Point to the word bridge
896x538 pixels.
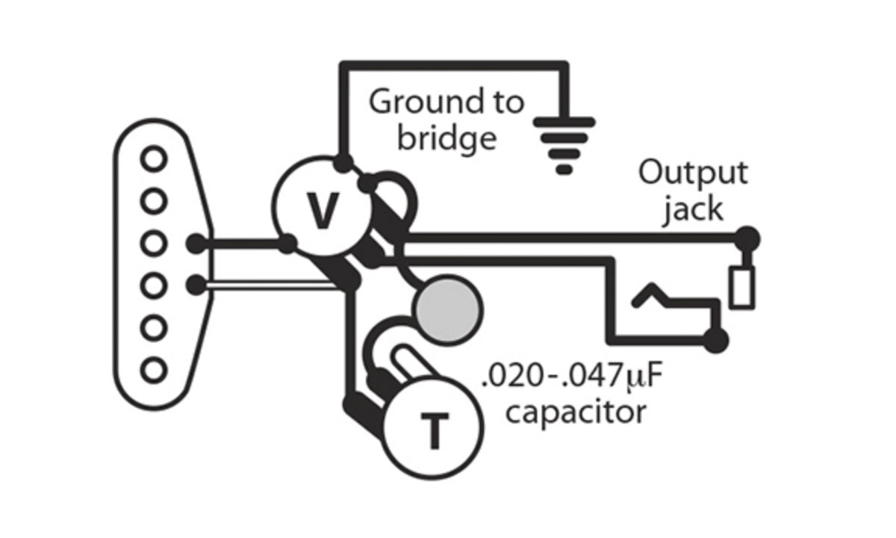(x=446, y=137)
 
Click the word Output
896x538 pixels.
(x=692, y=173)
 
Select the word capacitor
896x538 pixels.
(x=574, y=412)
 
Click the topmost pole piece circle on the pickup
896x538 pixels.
(x=155, y=158)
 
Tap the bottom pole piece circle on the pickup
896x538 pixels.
(x=155, y=369)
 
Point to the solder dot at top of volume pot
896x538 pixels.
(x=343, y=161)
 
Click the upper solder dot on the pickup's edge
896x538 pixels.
(x=196, y=243)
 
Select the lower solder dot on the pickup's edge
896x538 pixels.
(x=196, y=285)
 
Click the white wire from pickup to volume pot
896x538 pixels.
(x=269, y=285)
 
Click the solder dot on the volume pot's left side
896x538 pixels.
(x=287, y=243)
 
